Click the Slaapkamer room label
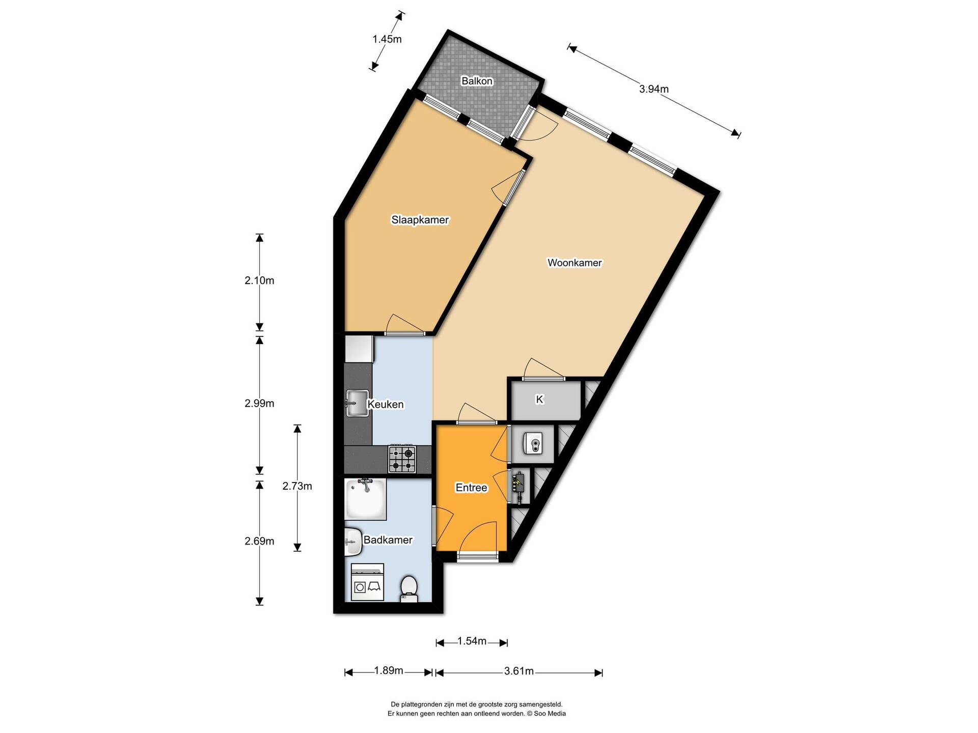(x=420, y=220)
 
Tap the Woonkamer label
(x=575, y=263)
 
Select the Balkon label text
(x=477, y=81)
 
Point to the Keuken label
(x=386, y=404)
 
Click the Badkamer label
(x=388, y=540)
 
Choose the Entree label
(x=471, y=488)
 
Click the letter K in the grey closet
(x=539, y=400)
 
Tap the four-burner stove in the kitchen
(x=402, y=459)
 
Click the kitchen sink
(x=357, y=403)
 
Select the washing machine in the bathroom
(x=367, y=582)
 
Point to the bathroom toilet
(x=409, y=588)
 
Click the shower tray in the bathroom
(x=365, y=499)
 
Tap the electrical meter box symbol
(x=519, y=485)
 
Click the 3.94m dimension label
(x=654, y=89)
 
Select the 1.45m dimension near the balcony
(x=387, y=39)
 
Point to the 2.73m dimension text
(x=297, y=486)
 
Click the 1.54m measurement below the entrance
(x=472, y=641)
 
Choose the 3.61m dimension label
(x=519, y=671)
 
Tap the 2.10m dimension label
(x=259, y=280)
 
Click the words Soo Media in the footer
(x=550, y=714)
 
